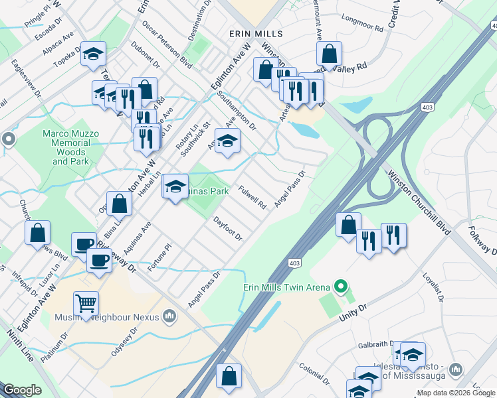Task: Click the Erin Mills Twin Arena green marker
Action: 342,287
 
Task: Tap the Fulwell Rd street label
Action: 252,197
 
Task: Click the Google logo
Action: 22,390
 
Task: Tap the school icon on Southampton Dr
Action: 227,141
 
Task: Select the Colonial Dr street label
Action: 314,373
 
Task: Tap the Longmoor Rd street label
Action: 361,24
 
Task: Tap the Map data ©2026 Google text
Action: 456,393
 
